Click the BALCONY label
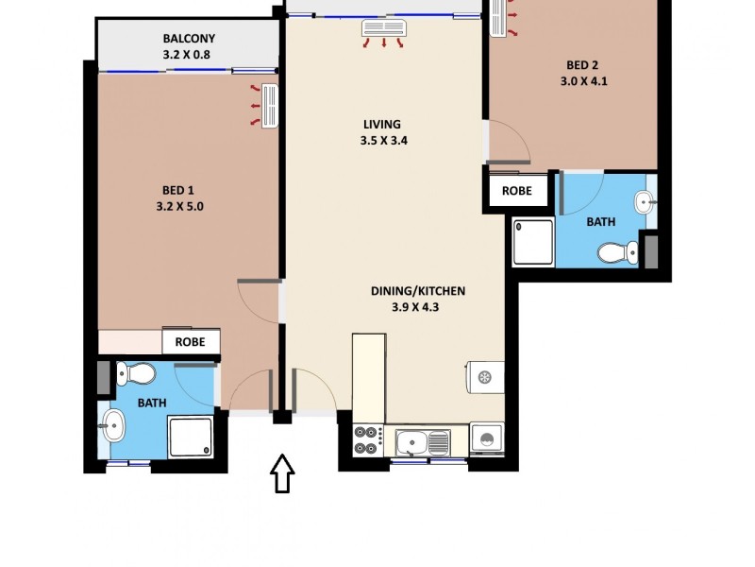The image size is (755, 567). [x=189, y=39]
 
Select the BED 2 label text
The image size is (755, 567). [x=582, y=65]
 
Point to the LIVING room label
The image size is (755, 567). [x=382, y=124]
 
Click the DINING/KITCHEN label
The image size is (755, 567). [x=418, y=291]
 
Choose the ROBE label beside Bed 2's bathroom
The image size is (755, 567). [x=516, y=190]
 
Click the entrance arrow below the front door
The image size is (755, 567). [x=282, y=474]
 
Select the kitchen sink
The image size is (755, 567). [x=423, y=441]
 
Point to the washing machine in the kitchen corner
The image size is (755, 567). [x=488, y=440]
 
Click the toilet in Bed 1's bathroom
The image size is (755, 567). [x=136, y=375]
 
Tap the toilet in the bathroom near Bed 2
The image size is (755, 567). [x=618, y=252]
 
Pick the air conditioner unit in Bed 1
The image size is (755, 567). [x=270, y=106]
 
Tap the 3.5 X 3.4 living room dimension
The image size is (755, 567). [x=382, y=141]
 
